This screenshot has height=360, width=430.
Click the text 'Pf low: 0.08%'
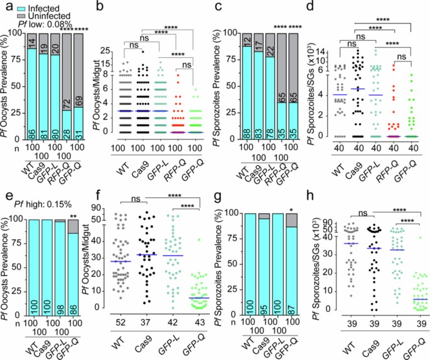point(44,22)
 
